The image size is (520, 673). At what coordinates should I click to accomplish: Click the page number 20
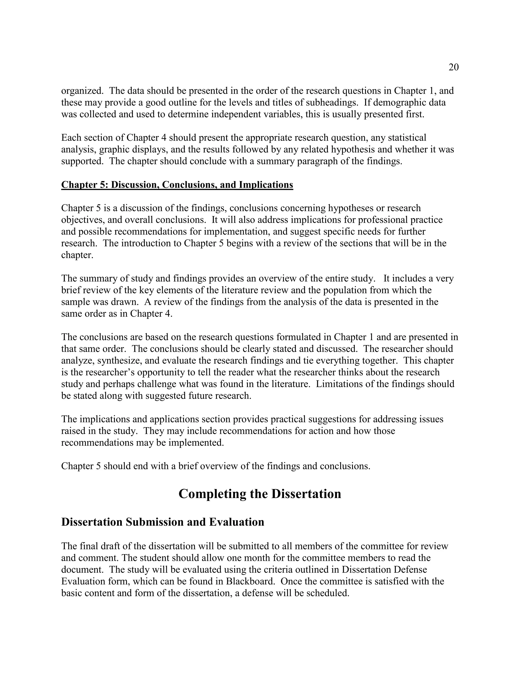click(453, 67)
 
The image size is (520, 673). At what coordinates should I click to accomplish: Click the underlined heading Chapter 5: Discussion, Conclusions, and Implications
click(177, 185)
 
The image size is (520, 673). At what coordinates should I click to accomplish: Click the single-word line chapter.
click(77, 255)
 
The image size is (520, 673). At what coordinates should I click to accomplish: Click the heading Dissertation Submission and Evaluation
click(163, 522)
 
